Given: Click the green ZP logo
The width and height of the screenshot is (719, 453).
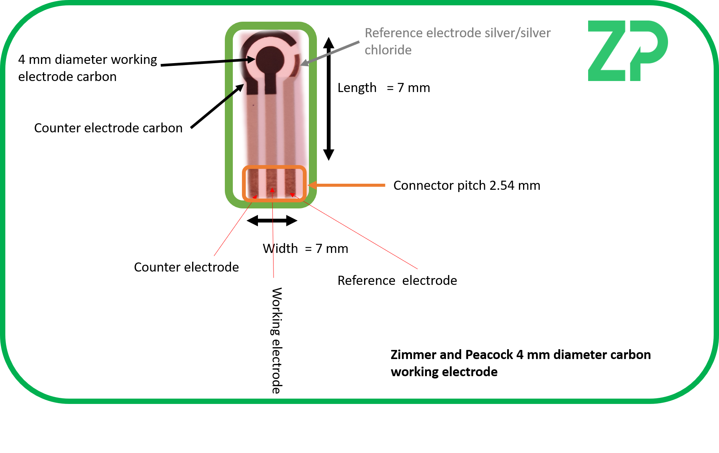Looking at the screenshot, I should pos(627,51).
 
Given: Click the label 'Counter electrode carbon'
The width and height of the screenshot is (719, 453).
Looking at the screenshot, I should pos(108,128).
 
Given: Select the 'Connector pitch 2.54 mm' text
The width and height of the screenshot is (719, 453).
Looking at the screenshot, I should pos(466,186).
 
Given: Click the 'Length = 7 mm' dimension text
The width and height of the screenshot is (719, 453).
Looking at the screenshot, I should pos(383,88).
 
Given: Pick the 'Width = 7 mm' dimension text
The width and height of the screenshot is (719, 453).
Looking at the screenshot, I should pos(305,249).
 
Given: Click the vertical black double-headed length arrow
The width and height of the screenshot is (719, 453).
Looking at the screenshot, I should pos(329,99).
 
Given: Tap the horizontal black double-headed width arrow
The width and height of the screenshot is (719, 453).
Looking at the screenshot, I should pos(272,221).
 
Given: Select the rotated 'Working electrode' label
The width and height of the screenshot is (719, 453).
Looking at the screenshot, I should pos(277,340).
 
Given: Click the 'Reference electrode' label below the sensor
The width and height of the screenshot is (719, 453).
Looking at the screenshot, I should pos(397,281).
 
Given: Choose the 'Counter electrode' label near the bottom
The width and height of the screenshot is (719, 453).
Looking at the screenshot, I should pos(186,267).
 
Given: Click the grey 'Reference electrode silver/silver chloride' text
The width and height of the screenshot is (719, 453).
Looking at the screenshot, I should pos(457,41).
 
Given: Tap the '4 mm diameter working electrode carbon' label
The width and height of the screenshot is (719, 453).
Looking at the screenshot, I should pos(87,68).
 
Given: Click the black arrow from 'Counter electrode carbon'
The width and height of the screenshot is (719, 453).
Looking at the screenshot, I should pos(217,106).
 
